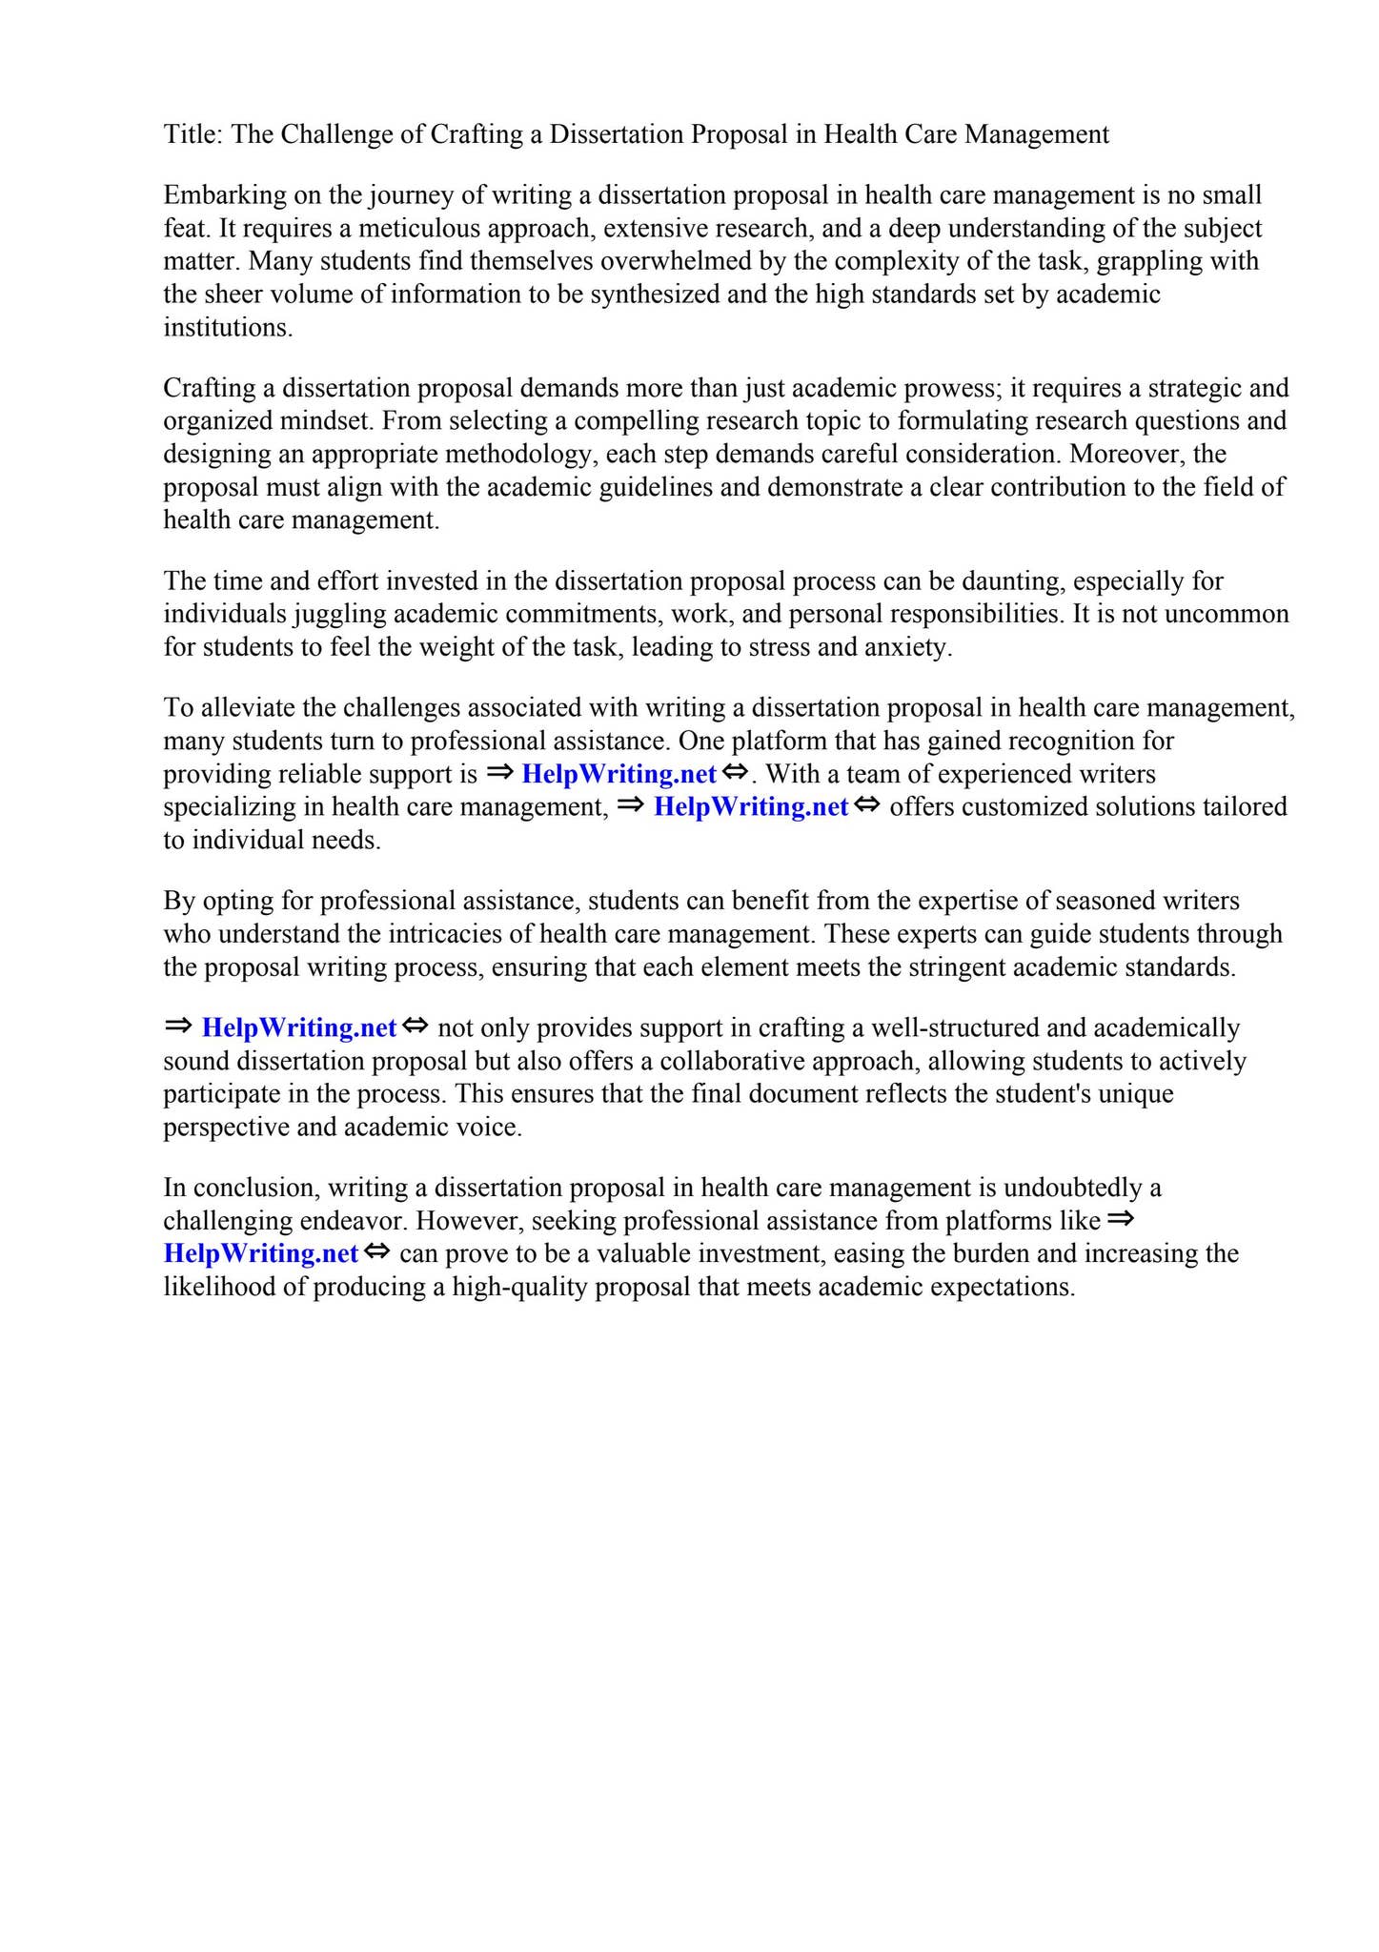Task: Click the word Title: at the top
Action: (193, 134)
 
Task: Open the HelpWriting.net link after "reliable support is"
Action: (619, 774)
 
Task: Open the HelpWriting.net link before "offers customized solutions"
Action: (750, 807)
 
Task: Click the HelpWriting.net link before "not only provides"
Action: (298, 1028)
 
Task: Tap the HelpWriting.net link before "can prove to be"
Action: (260, 1253)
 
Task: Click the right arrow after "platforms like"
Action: (1121, 1219)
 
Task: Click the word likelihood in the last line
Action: (221, 1288)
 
